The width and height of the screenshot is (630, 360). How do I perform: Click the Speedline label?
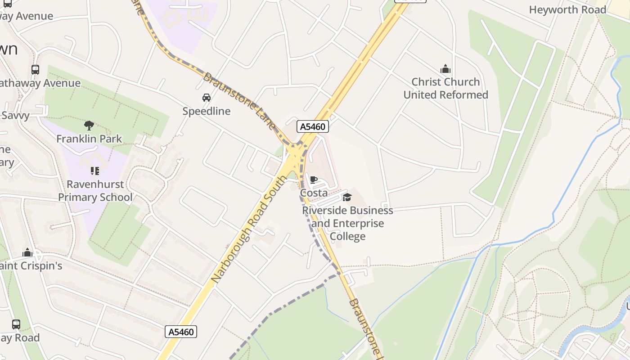206,111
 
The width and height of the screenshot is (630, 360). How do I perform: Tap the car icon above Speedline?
206,98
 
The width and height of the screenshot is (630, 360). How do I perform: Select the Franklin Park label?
89,139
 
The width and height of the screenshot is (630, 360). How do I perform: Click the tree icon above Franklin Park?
89,126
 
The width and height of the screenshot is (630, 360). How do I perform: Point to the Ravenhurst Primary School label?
95,191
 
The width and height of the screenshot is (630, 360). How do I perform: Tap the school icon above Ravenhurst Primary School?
94,171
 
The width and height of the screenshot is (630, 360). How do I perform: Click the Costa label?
314,193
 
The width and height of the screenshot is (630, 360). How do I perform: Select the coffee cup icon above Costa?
314,180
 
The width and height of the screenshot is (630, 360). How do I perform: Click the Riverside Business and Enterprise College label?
347,223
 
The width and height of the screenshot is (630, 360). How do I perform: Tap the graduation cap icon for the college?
347,197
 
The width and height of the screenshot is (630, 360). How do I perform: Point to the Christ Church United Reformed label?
445,88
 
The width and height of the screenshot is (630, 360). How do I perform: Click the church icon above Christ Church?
445,69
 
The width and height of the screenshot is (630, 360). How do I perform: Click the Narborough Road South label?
248,230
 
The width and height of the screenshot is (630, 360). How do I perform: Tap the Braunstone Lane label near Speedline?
239,101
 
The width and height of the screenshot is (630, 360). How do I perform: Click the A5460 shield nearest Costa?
313,126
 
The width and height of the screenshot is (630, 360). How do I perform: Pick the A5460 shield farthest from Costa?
181,332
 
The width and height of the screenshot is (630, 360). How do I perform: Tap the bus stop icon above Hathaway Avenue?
35,70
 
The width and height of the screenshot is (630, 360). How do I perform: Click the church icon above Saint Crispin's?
28,252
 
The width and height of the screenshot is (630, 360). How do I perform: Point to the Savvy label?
15,116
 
